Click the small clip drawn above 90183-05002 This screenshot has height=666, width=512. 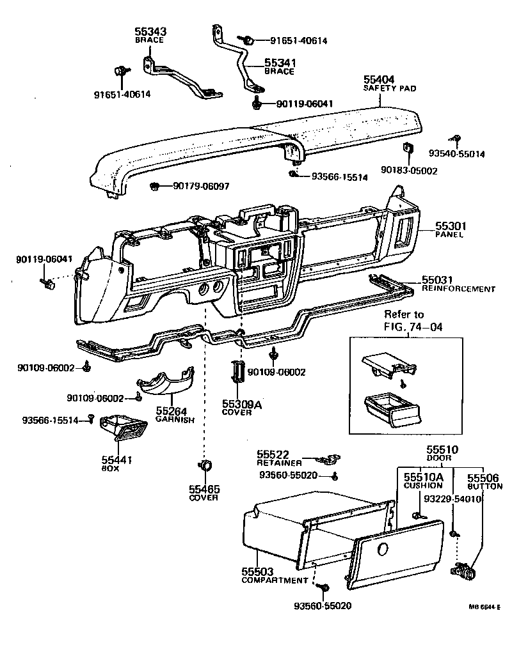(x=407, y=148)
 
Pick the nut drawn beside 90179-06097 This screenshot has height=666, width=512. (x=154, y=186)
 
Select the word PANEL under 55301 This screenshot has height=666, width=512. (x=449, y=235)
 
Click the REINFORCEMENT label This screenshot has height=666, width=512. (x=458, y=290)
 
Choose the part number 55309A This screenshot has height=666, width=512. (x=242, y=405)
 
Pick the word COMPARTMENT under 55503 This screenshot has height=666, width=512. (x=275, y=580)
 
